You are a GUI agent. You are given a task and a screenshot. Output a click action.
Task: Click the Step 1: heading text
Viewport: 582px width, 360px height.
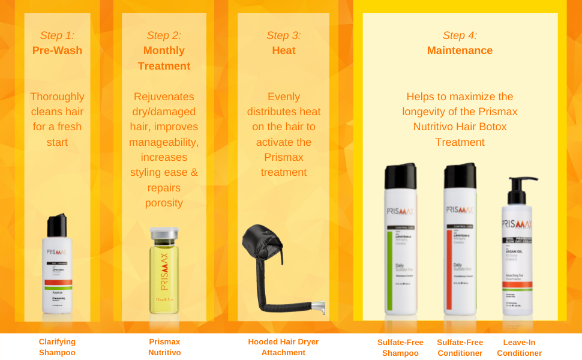(57, 35)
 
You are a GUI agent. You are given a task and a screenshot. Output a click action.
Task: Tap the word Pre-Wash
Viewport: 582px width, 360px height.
(57, 50)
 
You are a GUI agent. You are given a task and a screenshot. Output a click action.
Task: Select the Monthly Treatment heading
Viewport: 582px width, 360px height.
(164, 58)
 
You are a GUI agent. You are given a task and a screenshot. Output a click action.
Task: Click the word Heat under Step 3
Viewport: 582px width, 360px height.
(284, 50)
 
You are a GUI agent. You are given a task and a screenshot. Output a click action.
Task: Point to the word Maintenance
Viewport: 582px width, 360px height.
(460, 50)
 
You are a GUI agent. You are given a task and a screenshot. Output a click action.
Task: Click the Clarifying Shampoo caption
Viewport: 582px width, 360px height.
(57, 347)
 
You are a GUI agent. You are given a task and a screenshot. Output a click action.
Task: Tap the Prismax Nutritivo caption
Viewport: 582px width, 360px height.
(164, 347)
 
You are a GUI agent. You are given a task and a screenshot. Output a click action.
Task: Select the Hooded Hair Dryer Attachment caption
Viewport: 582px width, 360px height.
(283, 347)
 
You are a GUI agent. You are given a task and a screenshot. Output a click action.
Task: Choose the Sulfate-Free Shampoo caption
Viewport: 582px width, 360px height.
(400, 347)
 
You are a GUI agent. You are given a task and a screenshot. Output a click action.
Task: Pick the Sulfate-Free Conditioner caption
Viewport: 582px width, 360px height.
(460, 347)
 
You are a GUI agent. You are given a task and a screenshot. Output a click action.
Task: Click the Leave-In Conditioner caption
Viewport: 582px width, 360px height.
(519, 347)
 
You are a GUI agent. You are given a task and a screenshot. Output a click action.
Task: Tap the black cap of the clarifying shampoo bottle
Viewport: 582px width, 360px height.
(58, 225)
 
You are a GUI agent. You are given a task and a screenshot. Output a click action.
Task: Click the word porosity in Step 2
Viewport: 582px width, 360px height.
(164, 203)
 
